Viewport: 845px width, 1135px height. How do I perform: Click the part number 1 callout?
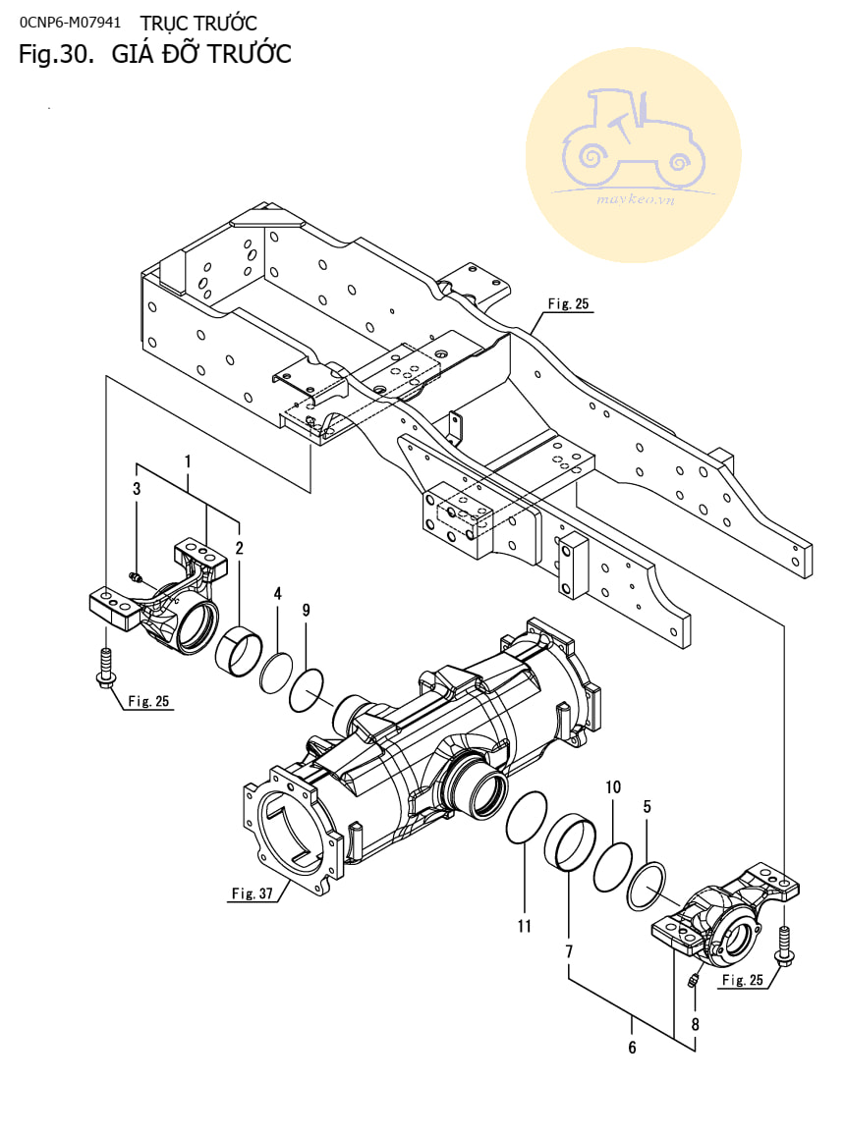pyautogui.click(x=189, y=461)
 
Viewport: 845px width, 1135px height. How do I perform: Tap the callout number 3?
pyautogui.click(x=137, y=489)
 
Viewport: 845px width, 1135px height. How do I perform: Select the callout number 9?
pyautogui.click(x=307, y=610)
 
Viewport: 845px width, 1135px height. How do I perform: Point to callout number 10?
pyautogui.click(x=613, y=787)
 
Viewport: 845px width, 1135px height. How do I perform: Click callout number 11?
pyautogui.click(x=525, y=926)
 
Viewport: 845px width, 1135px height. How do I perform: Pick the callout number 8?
pyautogui.click(x=695, y=1024)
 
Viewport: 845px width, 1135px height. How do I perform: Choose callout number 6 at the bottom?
pyautogui.click(x=632, y=1048)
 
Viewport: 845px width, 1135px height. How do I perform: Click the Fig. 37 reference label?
pyautogui.click(x=252, y=893)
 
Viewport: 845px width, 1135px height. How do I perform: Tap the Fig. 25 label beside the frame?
pyautogui.click(x=568, y=304)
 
